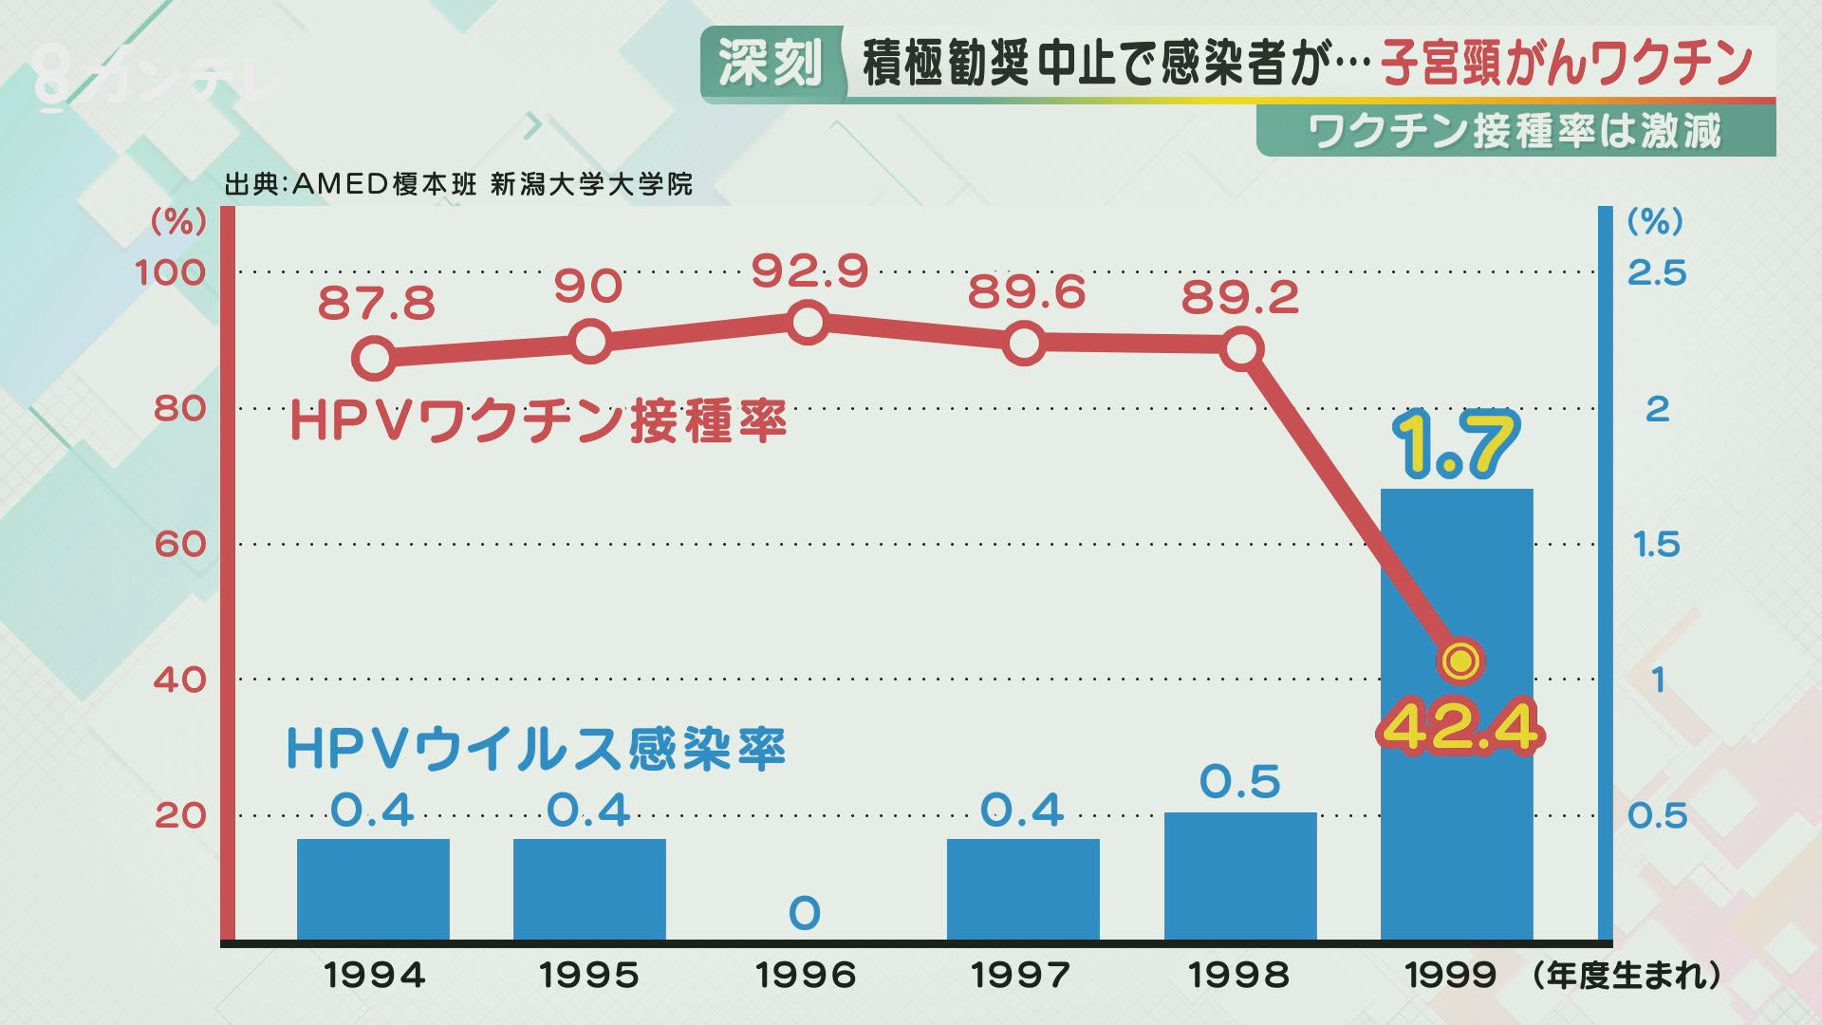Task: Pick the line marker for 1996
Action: pyautogui.click(x=807, y=323)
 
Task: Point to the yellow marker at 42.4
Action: pyautogui.click(x=1460, y=661)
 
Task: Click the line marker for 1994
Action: pyautogui.click(x=374, y=359)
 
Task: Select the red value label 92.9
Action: pyautogui.click(x=809, y=271)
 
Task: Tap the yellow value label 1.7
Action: pyautogui.click(x=1457, y=444)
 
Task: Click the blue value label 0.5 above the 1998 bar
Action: pyautogui.click(x=1240, y=782)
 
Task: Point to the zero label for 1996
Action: pyautogui.click(x=804, y=914)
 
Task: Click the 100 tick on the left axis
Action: pyautogui.click(x=170, y=273)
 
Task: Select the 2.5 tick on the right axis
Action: pyautogui.click(x=1657, y=273)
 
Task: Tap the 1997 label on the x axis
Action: pyautogui.click(x=1022, y=976)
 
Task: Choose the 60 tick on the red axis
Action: pyautogui.click(x=179, y=545)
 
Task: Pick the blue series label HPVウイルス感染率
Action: pyautogui.click(x=536, y=750)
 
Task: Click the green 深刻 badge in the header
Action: pyautogui.click(x=770, y=64)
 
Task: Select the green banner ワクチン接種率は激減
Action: pyautogui.click(x=1515, y=131)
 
